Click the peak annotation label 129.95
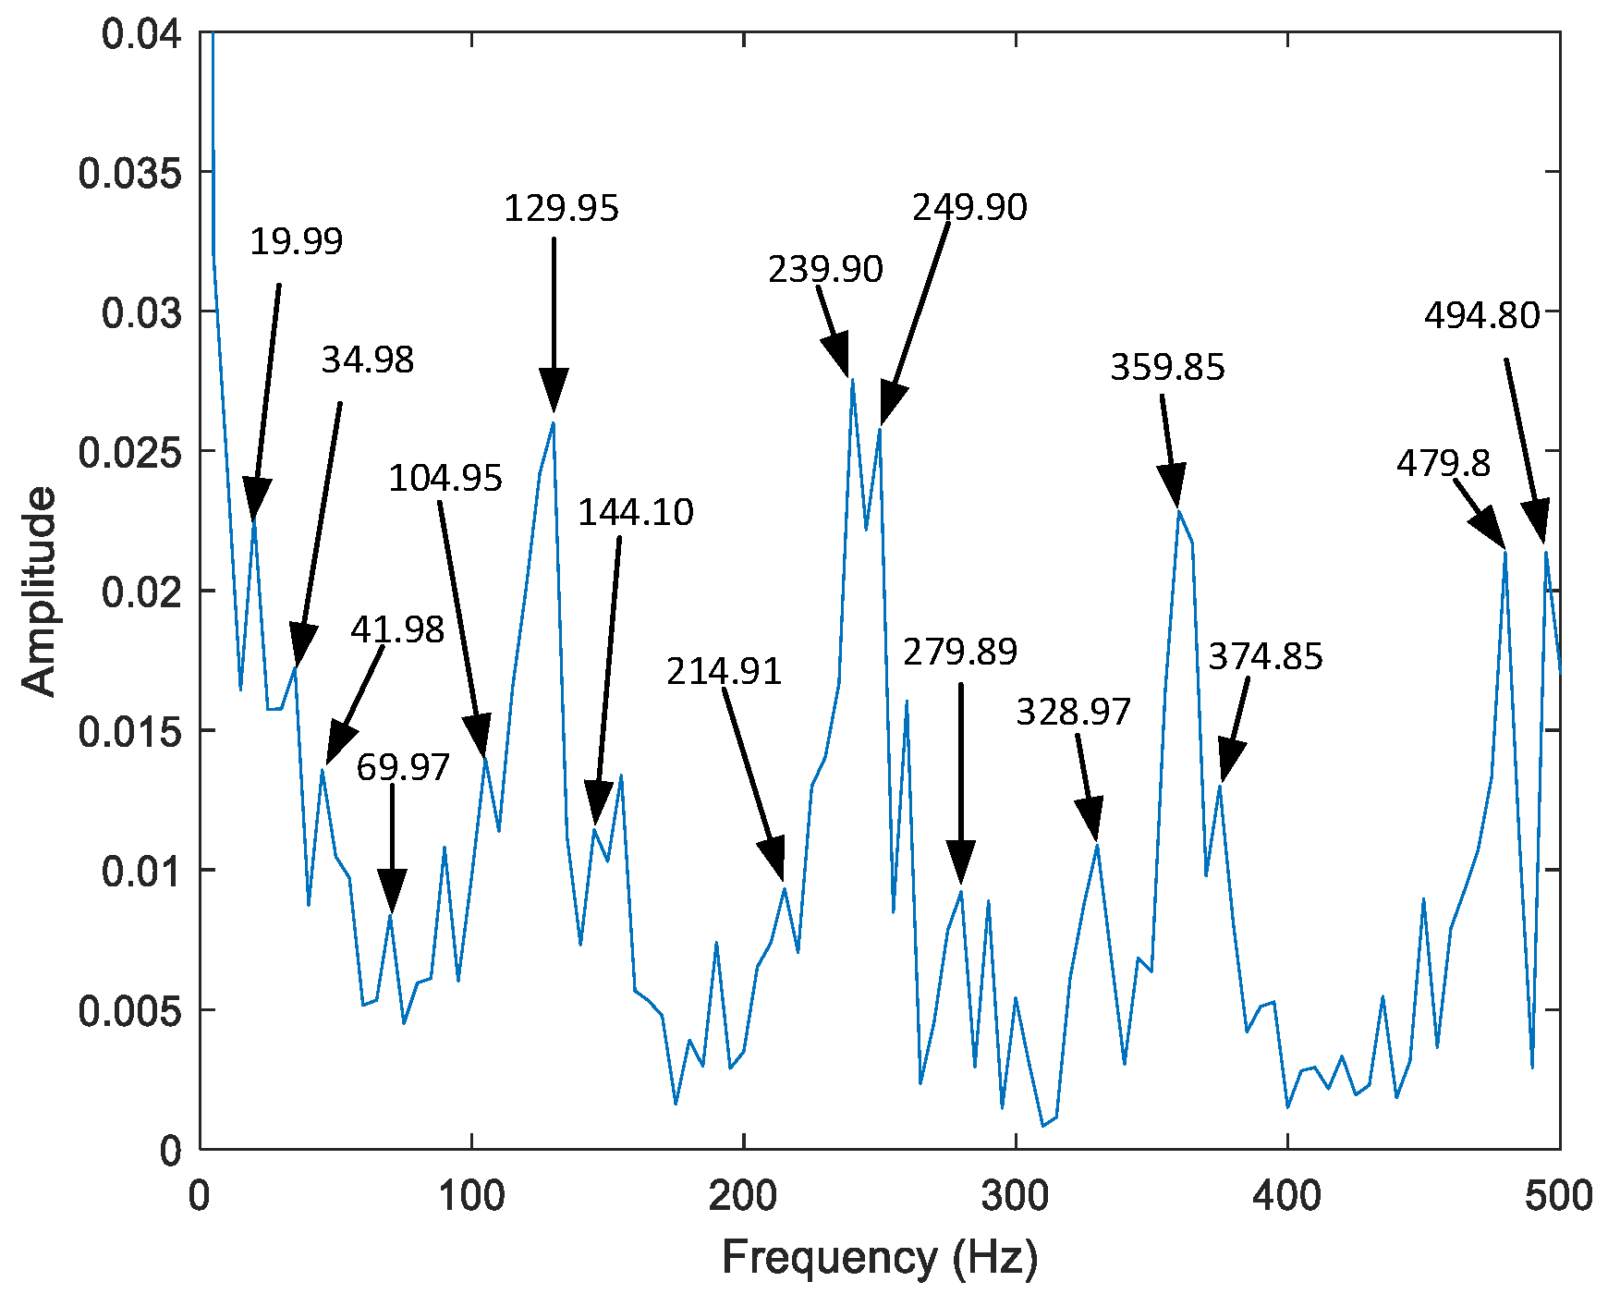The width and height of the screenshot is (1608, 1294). coord(561,209)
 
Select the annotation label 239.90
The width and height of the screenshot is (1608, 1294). coord(825,269)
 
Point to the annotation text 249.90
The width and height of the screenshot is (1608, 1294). coord(969,208)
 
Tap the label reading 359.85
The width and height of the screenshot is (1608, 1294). coord(1167,367)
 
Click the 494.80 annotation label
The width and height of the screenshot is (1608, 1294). coord(1481,316)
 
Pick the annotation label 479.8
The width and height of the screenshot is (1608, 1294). coord(1443,463)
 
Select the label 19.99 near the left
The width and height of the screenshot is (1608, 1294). coord(296,241)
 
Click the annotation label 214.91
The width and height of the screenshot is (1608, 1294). coord(724,671)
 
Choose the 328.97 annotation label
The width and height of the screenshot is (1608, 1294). coord(1073,712)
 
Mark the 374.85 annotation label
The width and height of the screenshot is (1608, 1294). coord(1265,656)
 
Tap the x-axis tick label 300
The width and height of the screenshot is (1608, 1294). coord(1015,1196)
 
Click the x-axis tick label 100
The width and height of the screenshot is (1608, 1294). coord(471,1196)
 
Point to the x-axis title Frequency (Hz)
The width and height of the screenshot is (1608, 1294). coord(879,1258)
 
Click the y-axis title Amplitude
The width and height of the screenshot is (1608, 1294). coord(39,592)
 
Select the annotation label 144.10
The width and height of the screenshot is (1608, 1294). coord(636,512)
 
